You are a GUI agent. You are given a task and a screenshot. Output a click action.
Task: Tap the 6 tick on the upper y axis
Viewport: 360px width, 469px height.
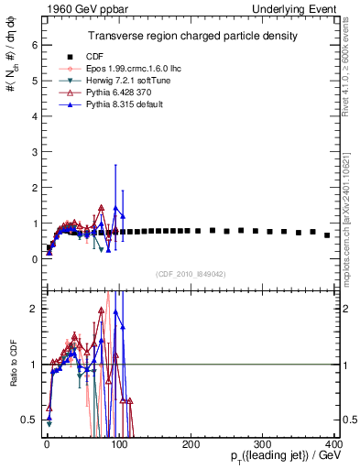click(x=33, y=44)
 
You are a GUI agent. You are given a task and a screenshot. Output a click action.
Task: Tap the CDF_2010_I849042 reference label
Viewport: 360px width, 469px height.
click(x=191, y=274)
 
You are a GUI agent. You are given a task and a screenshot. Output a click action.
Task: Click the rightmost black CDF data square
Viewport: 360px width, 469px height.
click(x=327, y=235)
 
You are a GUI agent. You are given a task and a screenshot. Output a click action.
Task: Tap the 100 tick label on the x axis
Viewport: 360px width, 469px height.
click(x=118, y=443)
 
